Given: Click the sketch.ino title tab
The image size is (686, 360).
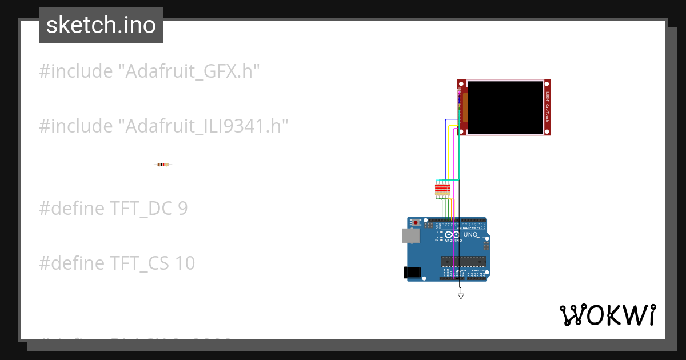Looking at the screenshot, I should point(101,25).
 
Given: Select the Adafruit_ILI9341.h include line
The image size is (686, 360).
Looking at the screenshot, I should point(163,126).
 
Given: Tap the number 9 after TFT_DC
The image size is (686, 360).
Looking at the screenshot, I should point(182,209).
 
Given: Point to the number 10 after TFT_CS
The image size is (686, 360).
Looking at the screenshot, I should point(185,263).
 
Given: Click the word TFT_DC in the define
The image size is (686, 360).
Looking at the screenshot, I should point(141,209).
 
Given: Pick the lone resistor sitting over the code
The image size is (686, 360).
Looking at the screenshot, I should point(163,165).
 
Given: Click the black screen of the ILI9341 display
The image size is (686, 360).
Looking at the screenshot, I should point(505,107).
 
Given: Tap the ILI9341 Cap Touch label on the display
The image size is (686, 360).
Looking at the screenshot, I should point(547,107).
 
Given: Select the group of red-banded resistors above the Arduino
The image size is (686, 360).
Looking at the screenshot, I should point(442,189).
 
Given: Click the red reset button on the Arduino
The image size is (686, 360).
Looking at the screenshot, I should point(417,222).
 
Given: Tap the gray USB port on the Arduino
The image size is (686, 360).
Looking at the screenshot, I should point(409,235).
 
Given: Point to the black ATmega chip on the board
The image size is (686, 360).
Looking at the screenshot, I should point(463,262).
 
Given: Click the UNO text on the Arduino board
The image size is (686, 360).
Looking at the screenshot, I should point(470,234).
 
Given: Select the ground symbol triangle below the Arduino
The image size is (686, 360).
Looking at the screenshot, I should point(461,296).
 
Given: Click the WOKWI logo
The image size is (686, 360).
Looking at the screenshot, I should point(607,315).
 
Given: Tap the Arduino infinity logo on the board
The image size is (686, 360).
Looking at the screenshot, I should point(452,235).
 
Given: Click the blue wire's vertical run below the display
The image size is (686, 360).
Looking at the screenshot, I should point(445,149).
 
